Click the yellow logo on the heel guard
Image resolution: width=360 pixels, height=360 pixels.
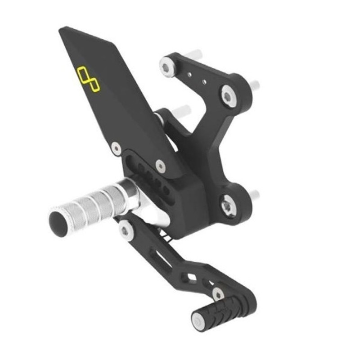(x=88, y=79)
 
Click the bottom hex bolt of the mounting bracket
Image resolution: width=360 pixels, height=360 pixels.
(x=228, y=205)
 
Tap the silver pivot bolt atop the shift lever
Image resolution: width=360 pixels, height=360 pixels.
(x=126, y=229)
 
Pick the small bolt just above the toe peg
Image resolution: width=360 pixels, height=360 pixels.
(x=218, y=294)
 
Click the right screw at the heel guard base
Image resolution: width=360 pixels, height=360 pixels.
(x=160, y=166)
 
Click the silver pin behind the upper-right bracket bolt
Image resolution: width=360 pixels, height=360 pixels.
(x=254, y=84)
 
